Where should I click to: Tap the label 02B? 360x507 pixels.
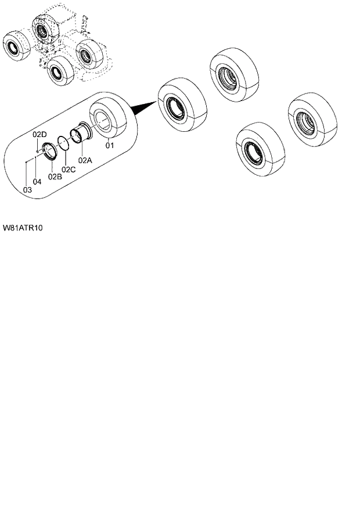tap(55, 176)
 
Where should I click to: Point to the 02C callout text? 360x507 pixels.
tap(69, 169)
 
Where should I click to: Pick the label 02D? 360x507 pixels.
tap(39, 135)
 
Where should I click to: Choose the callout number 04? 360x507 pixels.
tap(37, 182)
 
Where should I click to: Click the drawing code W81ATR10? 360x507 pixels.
tap(22, 228)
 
